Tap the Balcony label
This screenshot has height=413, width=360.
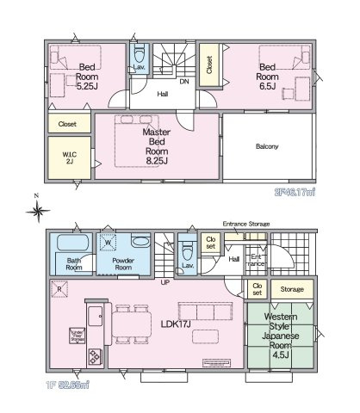point(267,146)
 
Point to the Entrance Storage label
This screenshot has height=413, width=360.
point(246,224)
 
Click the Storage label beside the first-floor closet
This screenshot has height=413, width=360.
point(292,289)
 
